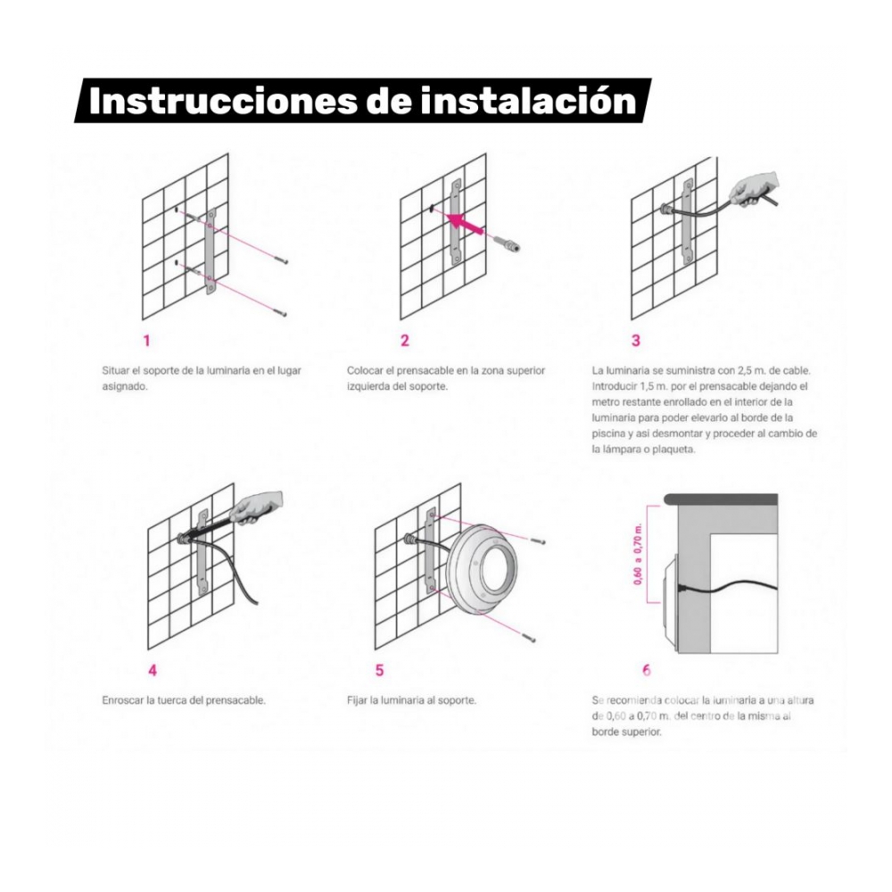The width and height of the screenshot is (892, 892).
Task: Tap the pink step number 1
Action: pyautogui.click(x=146, y=341)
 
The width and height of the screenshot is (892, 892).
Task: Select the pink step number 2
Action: pyautogui.click(x=404, y=340)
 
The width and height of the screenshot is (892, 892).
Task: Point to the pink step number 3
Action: pyautogui.click(x=636, y=340)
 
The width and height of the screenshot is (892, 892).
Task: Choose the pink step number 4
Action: pyautogui.click(x=153, y=671)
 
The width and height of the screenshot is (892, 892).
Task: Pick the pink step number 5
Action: pyautogui.click(x=379, y=671)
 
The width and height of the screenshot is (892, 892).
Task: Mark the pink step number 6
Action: pyautogui.click(x=646, y=671)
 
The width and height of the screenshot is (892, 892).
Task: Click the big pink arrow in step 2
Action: pyautogui.click(x=464, y=222)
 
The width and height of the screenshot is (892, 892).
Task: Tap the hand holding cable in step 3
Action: pyautogui.click(x=755, y=188)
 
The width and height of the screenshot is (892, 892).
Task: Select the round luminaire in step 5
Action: pyautogui.click(x=483, y=569)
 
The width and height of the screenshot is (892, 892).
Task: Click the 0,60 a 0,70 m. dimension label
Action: pyautogui.click(x=638, y=554)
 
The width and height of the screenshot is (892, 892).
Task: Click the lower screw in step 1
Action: pyautogui.click(x=279, y=312)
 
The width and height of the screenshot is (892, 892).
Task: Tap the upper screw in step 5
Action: pyautogui.click(x=538, y=541)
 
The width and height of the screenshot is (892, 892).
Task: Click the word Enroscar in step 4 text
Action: pyautogui.click(x=122, y=700)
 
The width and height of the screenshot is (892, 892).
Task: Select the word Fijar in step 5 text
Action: pyautogui.click(x=357, y=700)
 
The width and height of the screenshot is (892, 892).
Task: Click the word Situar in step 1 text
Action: pyautogui.click(x=115, y=370)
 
